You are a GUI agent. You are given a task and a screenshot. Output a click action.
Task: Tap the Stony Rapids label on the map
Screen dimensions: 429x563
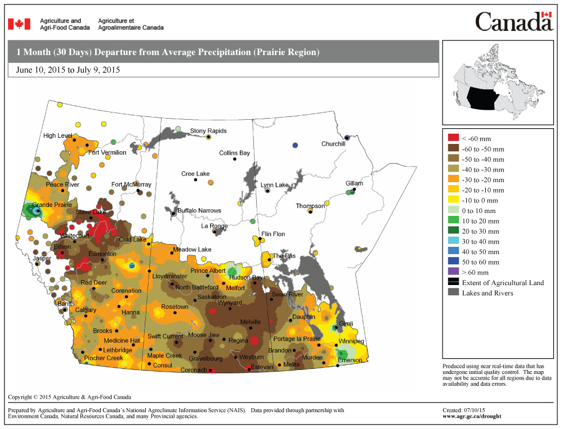(208, 131)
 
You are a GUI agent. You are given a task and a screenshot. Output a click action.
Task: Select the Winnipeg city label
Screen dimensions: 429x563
(351, 342)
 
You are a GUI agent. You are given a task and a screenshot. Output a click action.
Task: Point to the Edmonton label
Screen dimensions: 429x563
(102, 254)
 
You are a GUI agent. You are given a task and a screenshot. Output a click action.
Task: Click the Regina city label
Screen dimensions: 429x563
(238, 340)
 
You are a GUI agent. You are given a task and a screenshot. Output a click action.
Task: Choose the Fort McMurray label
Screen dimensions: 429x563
(131, 184)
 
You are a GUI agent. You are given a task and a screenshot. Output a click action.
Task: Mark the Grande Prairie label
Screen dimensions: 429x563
(52, 205)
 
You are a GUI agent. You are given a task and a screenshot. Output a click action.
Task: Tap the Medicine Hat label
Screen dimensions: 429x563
(122, 341)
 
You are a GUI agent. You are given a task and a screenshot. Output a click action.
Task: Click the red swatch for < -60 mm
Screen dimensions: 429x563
(453, 138)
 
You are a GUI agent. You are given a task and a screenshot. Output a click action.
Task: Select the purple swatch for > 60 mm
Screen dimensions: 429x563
(453, 272)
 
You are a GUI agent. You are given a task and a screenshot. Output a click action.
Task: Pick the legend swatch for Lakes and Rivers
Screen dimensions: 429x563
(453, 293)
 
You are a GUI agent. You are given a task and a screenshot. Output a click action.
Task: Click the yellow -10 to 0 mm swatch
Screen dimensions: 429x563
(453, 200)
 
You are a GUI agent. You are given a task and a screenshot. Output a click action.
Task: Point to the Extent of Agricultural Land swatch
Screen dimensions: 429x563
(453, 282)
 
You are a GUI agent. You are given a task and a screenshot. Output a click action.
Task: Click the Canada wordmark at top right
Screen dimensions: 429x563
(513, 22)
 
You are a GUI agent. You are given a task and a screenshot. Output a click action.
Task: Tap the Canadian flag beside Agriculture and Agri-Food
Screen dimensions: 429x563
(19, 24)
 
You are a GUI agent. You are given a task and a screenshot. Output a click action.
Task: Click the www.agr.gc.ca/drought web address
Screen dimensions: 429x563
(472, 417)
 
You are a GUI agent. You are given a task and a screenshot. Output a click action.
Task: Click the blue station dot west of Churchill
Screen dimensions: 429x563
(295, 146)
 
